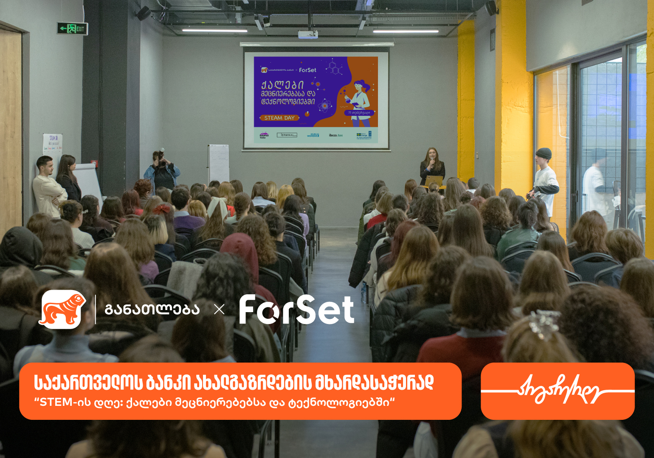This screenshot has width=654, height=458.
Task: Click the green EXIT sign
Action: tap(73, 29)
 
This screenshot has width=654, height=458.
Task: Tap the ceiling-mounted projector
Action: tap(308, 34)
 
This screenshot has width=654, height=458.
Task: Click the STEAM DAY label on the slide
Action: tap(279, 118)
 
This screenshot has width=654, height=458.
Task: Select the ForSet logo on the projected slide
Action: tap(307, 70)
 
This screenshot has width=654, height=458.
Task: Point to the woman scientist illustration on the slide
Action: tap(359, 102)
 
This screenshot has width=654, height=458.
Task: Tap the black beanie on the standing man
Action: tap(543, 153)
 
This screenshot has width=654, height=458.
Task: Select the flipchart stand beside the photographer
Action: tap(218, 163)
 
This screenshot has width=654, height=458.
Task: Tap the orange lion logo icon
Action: tap(62, 309)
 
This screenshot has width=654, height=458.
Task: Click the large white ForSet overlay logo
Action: tap(296, 310)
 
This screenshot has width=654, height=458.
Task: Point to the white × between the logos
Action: tap(219, 310)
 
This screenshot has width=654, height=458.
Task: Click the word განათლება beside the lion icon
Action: tap(152, 310)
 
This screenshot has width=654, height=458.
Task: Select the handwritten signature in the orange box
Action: tap(558, 390)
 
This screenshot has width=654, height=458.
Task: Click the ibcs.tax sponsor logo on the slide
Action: tap(335, 135)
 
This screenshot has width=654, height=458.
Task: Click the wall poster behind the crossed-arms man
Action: tap(53, 146)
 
